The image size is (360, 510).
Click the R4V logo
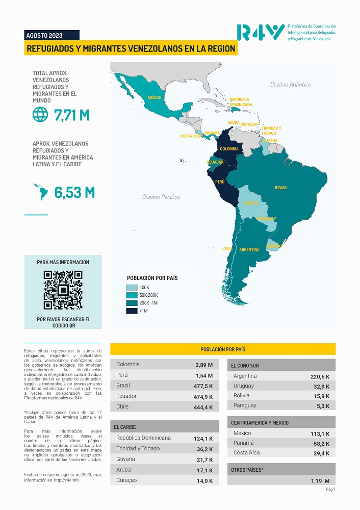pyautogui.click(x=260, y=33)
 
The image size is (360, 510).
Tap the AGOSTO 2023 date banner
pyautogui.click(x=44, y=35)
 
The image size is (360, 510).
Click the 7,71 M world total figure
pyautogui.click(x=72, y=115)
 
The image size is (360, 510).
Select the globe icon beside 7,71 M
pyautogui.click(x=40, y=115)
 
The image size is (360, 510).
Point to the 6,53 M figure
pyautogui.click(x=74, y=192)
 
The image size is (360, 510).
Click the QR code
pyautogui.click(x=63, y=290)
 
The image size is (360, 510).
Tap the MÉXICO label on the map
pyautogui.click(x=155, y=97)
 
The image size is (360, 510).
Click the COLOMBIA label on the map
pyautogui.click(x=229, y=149)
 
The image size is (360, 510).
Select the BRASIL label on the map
pyautogui.click(x=281, y=188)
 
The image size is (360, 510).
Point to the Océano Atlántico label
pyautogui.click(x=290, y=84)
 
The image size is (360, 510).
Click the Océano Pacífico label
pyautogui.click(x=161, y=197)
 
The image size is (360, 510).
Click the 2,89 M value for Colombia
pyautogui.click(x=204, y=365)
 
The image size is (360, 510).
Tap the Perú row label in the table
pyautogui.click(x=122, y=375)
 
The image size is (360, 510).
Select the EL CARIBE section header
pyautogui.click(x=125, y=427)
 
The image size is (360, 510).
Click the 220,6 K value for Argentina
pyautogui.click(x=320, y=377)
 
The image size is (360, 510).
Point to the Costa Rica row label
pyautogui.click(x=246, y=453)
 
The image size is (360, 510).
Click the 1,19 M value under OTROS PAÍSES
pyautogui.click(x=320, y=481)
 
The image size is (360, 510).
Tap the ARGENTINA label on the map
pyautogui.click(x=249, y=250)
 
